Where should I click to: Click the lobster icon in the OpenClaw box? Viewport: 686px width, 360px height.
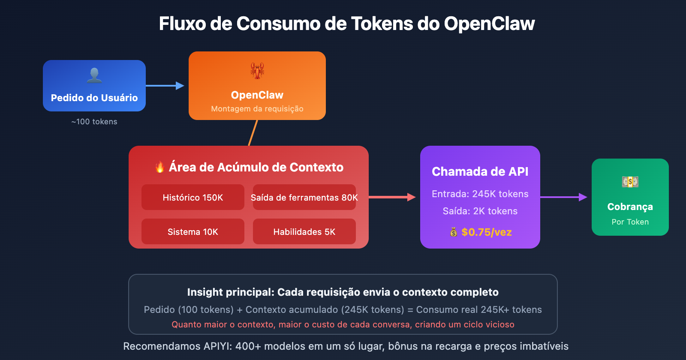pos(257,70)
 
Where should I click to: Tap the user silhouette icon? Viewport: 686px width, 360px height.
pos(94,75)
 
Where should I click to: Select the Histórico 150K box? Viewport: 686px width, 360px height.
pos(193,197)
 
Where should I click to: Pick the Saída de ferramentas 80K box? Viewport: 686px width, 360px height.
pos(304,197)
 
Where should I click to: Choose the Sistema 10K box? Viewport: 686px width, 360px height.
pos(193,231)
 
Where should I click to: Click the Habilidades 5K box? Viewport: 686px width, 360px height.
pos(304,231)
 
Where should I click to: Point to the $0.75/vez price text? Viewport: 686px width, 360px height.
pos(487,232)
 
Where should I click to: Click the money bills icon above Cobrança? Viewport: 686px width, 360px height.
pos(630,182)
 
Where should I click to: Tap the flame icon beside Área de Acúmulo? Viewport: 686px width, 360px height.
pos(160,167)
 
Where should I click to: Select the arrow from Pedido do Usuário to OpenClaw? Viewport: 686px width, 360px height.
pos(165,86)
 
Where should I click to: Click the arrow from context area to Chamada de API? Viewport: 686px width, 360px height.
pos(392,197)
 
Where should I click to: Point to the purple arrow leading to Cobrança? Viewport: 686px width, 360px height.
pos(563,197)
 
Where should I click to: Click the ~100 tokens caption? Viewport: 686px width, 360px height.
pos(94,122)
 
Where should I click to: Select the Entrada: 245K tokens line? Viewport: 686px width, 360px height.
pos(480,194)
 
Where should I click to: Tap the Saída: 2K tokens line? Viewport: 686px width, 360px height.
pos(480,211)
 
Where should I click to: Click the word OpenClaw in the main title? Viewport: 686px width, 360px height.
pos(489,24)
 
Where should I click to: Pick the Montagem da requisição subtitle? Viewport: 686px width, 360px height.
pos(257,109)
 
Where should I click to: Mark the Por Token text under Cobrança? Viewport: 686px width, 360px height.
pos(630,222)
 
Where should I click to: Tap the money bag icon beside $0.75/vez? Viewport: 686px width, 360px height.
pos(454,232)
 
